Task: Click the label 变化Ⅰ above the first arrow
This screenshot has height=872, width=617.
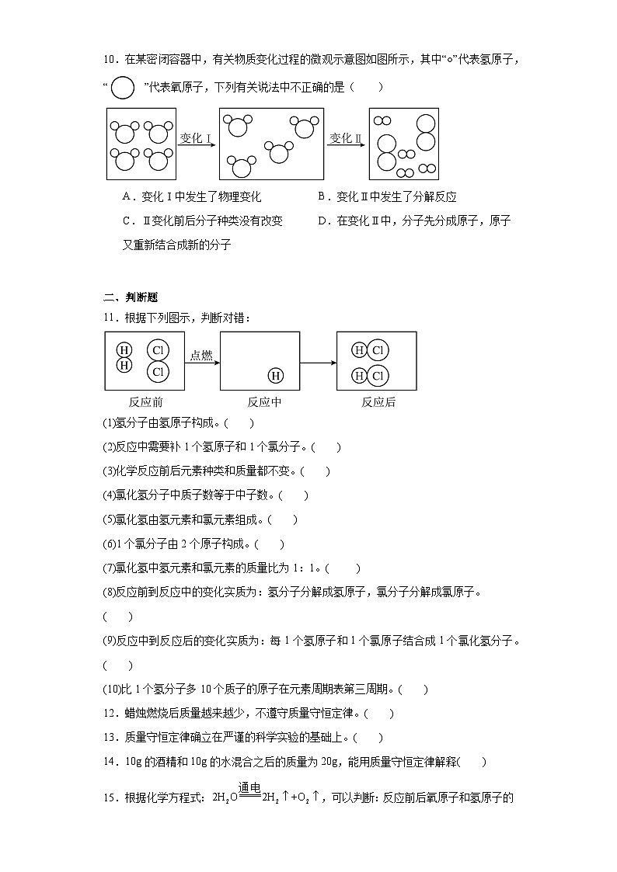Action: tap(196, 138)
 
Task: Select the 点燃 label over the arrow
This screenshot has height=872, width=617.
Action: tap(201, 355)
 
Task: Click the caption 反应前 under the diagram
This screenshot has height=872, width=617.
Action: tap(145, 402)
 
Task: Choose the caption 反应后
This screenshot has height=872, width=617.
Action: tap(378, 402)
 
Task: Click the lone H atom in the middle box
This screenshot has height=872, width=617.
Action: tap(276, 376)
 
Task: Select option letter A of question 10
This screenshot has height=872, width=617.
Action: tap(127, 197)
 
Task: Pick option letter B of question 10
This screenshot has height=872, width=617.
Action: tap(322, 197)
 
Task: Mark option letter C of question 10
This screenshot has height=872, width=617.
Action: tap(127, 221)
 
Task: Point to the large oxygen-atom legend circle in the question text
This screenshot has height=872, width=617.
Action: tap(123, 88)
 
